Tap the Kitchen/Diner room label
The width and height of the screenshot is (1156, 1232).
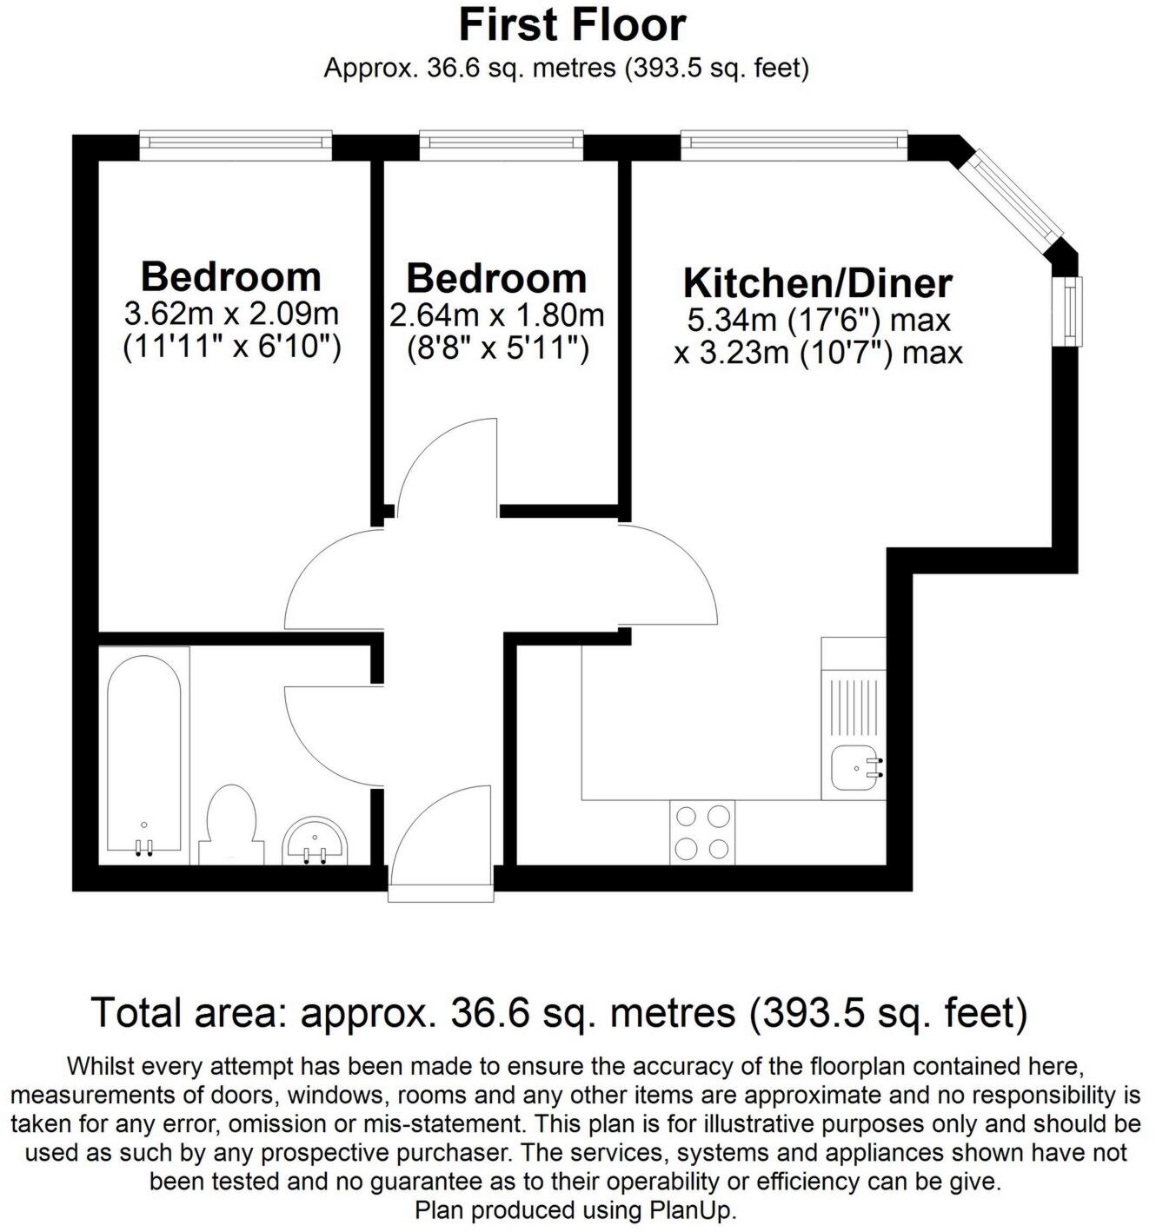pyautogui.click(x=817, y=283)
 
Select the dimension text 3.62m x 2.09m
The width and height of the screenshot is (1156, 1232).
pyautogui.click(x=231, y=313)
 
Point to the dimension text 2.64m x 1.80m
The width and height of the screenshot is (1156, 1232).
pyautogui.click(x=496, y=315)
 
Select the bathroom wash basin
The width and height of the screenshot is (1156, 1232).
pyautogui.click(x=316, y=841)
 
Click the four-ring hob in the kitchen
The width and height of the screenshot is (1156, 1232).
pyautogui.click(x=702, y=832)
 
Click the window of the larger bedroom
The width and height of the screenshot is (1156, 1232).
pyautogui.click(x=236, y=145)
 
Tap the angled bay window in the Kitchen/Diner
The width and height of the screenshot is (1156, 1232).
pyautogui.click(x=1016, y=197)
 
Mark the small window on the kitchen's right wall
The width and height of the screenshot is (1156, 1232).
pyautogui.click(x=1067, y=311)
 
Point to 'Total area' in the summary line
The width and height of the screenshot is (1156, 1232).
pyautogui.click(x=189, y=1013)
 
